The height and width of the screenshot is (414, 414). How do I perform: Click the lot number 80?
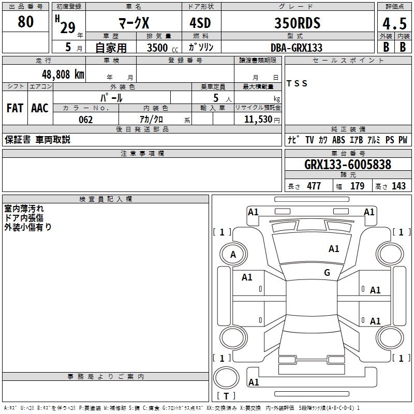(x=25, y=22)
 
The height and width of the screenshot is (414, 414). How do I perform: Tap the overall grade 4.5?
(x=395, y=24)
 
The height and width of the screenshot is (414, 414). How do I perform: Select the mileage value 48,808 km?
(x=63, y=75)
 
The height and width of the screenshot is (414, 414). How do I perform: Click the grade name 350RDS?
(x=297, y=23)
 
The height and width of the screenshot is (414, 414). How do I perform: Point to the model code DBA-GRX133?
(x=297, y=48)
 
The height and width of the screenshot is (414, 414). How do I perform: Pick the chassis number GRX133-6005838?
(x=348, y=165)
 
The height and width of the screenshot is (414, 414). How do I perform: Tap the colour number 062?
(x=86, y=120)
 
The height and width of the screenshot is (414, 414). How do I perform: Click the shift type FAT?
(x=15, y=108)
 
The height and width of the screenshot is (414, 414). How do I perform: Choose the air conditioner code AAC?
(x=40, y=108)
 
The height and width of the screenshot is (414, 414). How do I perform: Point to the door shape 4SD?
(x=200, y=23)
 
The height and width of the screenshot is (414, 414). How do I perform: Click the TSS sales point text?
(x=297, y=83)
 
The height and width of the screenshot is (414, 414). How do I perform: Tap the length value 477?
(x=314, y=186)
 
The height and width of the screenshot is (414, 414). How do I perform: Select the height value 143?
(x=398, y=186)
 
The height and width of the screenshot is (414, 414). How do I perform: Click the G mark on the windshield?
(x=327, y=273)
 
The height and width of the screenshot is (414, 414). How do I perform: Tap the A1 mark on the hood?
(x=334, y=249)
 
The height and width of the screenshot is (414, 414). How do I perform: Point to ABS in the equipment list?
(x=338, y=140)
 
